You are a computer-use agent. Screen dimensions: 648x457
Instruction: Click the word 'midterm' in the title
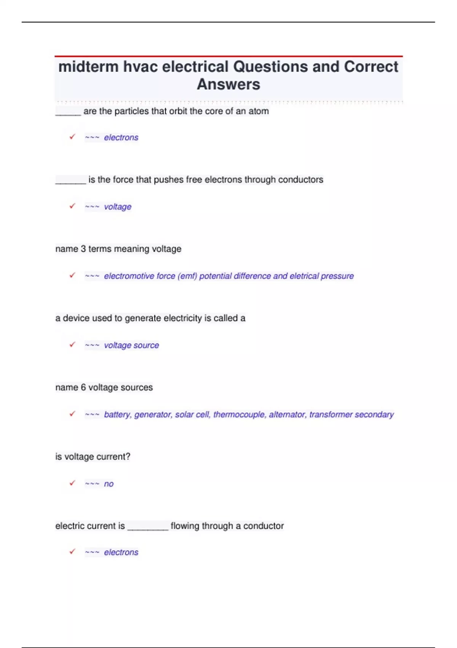coord(88,67)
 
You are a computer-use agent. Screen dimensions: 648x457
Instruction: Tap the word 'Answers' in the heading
coord(228,85)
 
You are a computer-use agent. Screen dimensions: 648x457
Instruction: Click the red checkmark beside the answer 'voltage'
coord(72,206)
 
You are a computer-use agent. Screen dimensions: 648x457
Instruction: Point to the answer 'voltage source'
coord(131,345)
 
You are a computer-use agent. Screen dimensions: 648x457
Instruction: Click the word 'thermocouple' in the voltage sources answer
coord(239,414)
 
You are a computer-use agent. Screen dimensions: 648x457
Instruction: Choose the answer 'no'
coord(109,484)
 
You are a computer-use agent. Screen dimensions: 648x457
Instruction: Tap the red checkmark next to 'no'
coord(72,483)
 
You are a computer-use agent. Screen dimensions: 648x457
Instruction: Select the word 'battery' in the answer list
coord(118,414)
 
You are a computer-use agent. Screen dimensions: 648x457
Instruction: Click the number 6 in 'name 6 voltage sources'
coord(83,388)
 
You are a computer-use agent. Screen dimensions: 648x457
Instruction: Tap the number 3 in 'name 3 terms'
coord(83,249)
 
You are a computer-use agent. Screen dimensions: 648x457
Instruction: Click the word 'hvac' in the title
coord(140,67)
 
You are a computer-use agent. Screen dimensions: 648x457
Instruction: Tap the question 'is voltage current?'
coord(93,457)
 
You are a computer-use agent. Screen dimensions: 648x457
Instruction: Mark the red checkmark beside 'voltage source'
coord(72,345)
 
